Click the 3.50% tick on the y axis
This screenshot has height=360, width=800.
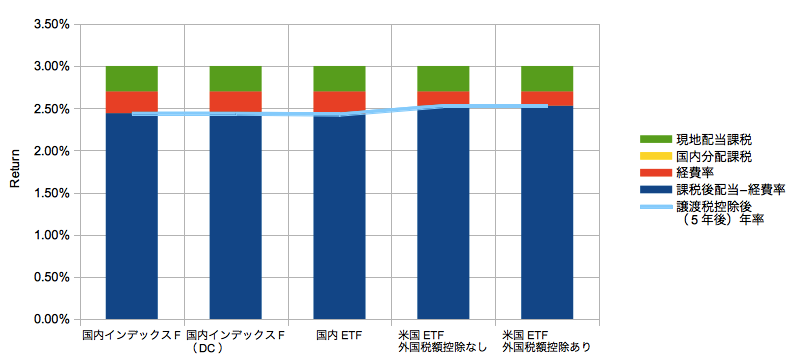52,24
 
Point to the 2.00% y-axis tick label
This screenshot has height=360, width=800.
52,151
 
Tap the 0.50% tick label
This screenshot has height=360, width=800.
52,277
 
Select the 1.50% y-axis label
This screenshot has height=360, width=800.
52,193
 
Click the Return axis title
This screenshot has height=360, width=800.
15,168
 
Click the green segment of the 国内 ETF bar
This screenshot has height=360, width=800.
339,79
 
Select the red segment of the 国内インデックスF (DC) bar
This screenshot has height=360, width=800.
236,102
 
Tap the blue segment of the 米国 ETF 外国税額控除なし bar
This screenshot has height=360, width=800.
443,213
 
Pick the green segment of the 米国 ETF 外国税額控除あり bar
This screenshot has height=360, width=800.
547,79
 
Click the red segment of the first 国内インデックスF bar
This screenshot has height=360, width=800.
132,102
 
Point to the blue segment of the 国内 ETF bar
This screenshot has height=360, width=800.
339,216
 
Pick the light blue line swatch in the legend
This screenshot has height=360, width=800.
656,207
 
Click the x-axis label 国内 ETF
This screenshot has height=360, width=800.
339,335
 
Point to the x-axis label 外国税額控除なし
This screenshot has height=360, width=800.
443,348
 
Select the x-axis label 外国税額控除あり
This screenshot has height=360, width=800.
547,348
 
